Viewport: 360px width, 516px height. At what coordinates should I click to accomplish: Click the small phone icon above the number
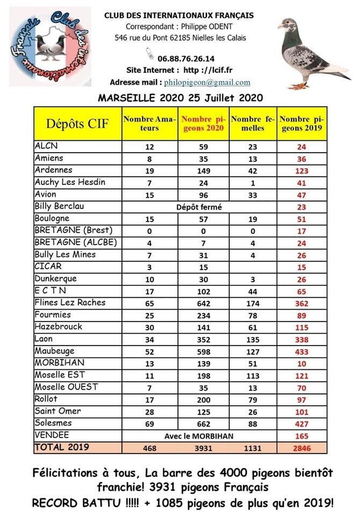tap(149, 53)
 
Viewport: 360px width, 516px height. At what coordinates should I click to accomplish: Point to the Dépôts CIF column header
tap(77, 124)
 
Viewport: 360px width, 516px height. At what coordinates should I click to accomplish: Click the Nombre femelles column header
tap(253, 124)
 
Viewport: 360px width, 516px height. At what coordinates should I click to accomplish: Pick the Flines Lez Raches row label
tap(70, 303)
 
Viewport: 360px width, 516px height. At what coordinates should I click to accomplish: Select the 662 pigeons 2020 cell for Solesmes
tap(203, 424)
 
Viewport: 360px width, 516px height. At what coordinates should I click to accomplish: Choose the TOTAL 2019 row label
tap(62, 447)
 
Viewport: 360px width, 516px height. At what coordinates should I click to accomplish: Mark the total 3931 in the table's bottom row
tap(203, 448)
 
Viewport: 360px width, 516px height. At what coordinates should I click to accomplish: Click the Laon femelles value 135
tap(253, 339)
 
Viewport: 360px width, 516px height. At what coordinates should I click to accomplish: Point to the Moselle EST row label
tap(60, 375)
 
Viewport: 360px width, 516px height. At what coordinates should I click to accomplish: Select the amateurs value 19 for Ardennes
tap(149, 170)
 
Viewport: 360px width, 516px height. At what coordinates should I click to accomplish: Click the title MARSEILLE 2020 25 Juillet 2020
tap(180, 98)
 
